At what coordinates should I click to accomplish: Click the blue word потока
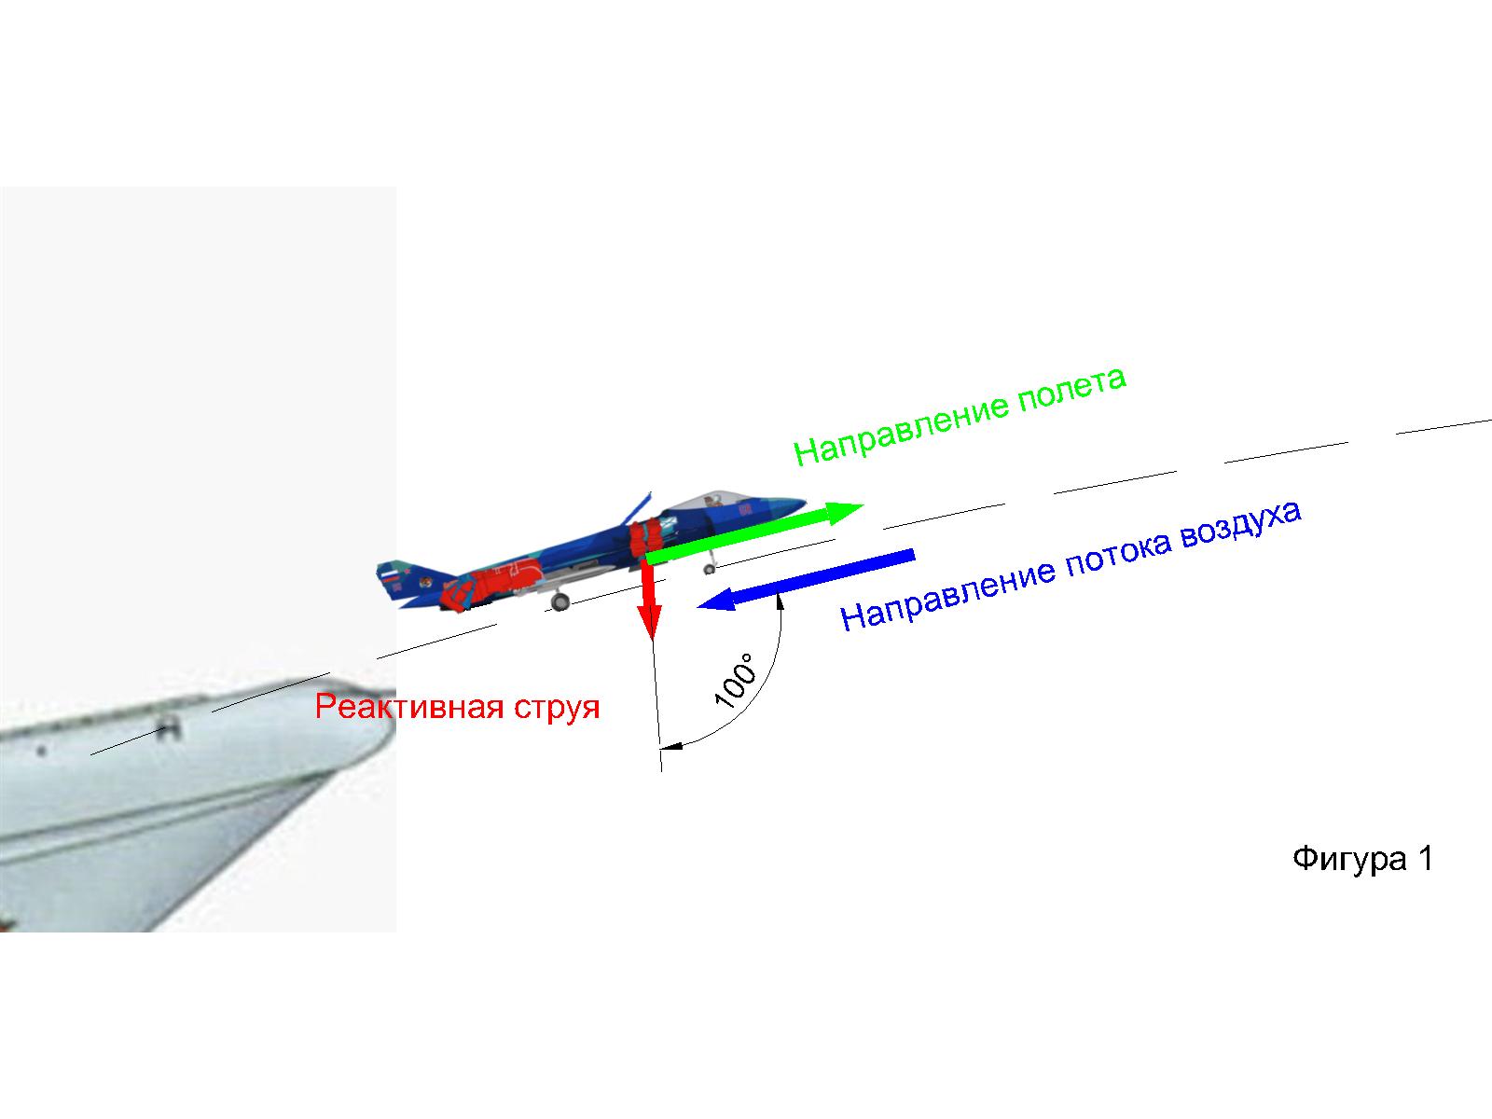pyautogui.click(x=1115, y=564)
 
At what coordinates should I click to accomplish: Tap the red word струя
pyautogui.click(x=556, y=707)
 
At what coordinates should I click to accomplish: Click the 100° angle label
pyautogui.click(x=736, y=684)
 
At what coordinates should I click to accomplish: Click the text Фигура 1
pyautogui.click(x=1362, y=859)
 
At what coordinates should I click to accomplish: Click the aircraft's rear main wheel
pyautogui.click(x=559, y=602)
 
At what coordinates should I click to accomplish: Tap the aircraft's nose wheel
pyautogui.click(x=709, y=568)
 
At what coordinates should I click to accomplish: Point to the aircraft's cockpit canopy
pyautogui.click(x=712, y=500)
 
